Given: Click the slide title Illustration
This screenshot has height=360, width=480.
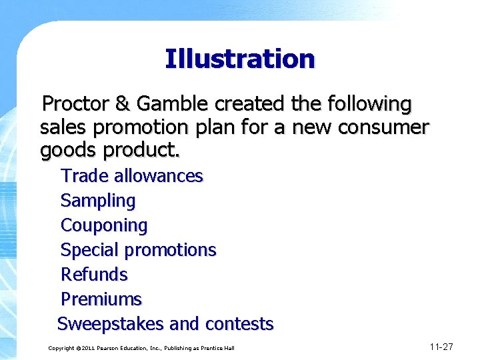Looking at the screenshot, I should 239,59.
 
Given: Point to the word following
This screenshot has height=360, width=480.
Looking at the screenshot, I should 371,105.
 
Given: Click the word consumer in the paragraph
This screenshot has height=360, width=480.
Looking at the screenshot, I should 383,127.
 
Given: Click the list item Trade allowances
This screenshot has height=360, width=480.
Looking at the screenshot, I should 131,176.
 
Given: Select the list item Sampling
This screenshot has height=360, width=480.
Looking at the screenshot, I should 97,201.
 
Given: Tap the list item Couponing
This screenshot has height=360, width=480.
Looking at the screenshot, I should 104,225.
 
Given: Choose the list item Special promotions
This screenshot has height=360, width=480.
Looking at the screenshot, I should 138,250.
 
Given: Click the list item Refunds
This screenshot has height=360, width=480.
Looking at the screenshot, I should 94,275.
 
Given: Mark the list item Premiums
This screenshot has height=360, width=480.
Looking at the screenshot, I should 101,299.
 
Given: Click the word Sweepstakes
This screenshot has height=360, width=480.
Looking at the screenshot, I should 111,324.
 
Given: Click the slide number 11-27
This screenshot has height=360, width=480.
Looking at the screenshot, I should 441,347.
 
